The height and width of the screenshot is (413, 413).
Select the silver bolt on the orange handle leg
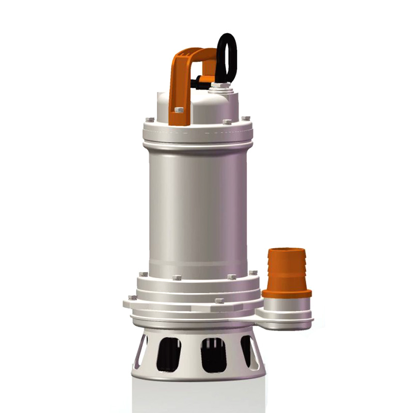pyautogui.click(x=179, y=110)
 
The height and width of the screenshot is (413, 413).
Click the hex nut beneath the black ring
pyautogui.click(x=221, y=85)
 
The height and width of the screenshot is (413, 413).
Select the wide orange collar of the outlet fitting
pyautogui.click(x=287, y=293)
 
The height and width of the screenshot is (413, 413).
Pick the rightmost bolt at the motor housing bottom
pyautogui.click(x=252, y=273)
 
